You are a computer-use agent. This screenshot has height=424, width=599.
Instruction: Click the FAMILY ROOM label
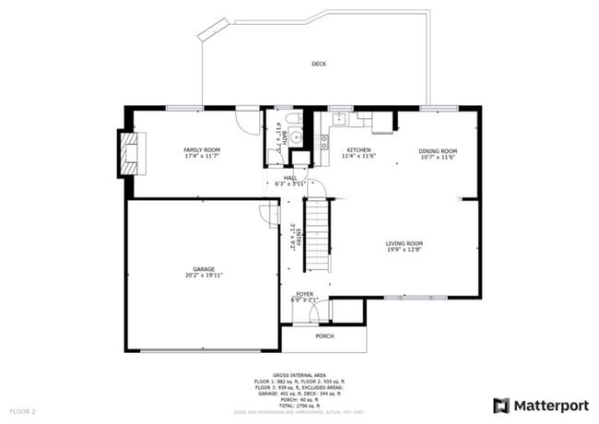201,149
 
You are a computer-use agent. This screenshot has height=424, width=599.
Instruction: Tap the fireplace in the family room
130,154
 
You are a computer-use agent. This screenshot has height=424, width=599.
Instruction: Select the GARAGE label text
204,269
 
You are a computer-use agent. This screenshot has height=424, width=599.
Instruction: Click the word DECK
319,64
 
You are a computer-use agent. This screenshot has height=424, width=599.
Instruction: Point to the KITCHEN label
358,149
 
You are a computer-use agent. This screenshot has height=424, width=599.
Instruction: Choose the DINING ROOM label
438,150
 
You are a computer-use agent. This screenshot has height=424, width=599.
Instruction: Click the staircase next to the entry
317,234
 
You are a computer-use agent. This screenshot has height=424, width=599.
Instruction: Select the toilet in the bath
291,122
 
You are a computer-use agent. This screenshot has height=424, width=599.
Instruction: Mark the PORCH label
324,336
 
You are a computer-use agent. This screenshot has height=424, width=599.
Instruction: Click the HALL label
289,176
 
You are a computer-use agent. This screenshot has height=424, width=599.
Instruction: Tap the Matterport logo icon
501,405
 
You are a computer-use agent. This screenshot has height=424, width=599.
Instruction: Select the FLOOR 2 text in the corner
23,410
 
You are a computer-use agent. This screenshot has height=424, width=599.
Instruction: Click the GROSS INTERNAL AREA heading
299,376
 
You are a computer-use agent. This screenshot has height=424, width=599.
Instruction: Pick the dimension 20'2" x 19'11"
204,276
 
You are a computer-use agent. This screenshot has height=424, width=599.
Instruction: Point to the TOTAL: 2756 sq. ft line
299,406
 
